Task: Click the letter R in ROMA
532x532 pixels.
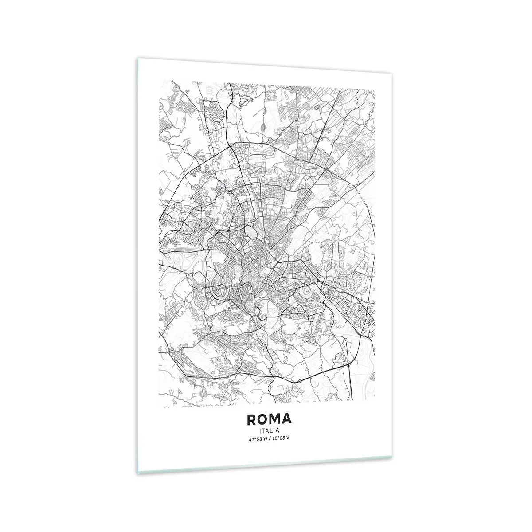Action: click(x=249, y=419)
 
